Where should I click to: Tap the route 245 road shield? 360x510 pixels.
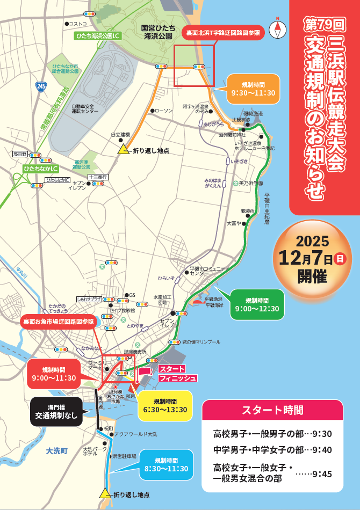coord(41,85)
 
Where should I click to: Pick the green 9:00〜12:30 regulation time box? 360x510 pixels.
coord(257,304)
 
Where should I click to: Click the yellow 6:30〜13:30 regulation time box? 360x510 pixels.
coord(165,406)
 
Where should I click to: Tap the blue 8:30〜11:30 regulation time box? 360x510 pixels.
coord(166,464)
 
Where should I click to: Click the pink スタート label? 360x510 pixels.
coord(172,369)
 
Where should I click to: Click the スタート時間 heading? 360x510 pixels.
coord(272,410)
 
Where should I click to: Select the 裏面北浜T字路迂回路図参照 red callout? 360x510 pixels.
coord(223,33)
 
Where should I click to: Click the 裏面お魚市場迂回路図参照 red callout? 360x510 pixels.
coord(58,322)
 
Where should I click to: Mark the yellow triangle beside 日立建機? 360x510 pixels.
coord(123,150)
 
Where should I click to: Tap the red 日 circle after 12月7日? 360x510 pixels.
coord(340,259)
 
